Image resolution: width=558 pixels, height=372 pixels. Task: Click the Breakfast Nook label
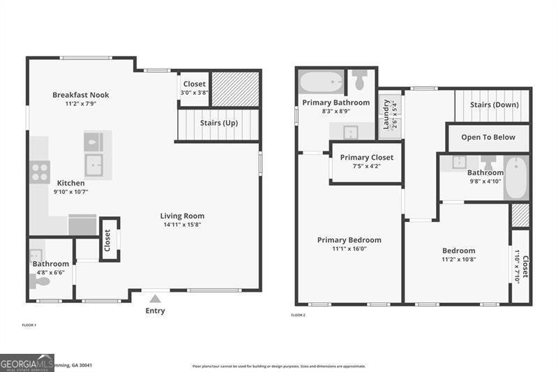81,95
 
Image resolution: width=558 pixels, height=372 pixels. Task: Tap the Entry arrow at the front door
155,298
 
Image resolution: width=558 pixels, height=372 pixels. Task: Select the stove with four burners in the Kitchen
39,172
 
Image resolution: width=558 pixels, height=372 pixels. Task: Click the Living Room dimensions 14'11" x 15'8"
182,225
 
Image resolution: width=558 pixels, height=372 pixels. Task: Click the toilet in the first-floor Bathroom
41,281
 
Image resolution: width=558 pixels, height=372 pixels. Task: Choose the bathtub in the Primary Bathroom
321,82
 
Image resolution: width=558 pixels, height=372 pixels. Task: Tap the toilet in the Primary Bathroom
360,81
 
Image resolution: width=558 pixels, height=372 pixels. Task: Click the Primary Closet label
366,158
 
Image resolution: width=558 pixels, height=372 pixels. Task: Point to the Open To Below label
488,137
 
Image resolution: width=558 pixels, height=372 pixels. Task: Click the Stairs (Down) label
493,105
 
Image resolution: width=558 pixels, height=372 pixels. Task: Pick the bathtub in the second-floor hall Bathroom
516,178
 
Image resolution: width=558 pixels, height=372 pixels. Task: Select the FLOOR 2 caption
298,315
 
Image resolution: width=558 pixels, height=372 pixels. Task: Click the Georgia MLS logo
27,363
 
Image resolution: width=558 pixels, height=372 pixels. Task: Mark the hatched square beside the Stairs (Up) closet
235,89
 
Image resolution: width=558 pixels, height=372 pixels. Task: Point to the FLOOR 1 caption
29,325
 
